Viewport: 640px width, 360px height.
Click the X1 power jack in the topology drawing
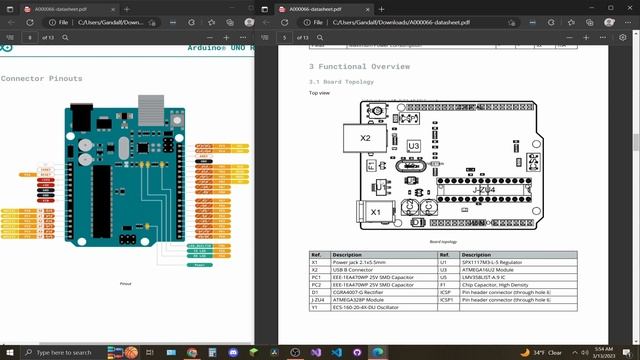coord(375,212)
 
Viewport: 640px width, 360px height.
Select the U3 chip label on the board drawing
coord(413,146)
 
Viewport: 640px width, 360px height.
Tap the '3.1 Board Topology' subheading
coord(341,81)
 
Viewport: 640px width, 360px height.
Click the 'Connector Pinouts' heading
coord(41,78)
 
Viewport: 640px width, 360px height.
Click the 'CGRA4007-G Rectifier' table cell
coord(362,292)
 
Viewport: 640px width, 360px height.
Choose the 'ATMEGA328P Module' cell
coord(361,299)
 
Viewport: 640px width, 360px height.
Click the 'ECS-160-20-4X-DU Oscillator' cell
coord(370,307)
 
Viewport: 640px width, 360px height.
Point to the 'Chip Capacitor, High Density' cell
coord(496,285)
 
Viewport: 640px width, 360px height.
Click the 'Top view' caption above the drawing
coord(319,93)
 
